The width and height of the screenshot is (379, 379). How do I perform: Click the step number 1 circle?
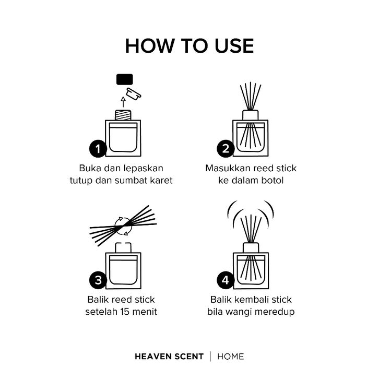pyautogui.click(x=98, y=149)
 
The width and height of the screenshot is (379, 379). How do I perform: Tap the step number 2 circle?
pyautogui.click(x=226, y=148)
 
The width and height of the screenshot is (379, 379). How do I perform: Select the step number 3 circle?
pyautogui.click(x=98, y=280)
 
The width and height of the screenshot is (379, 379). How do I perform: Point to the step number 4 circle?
pyautogui.click(x=226, y=280)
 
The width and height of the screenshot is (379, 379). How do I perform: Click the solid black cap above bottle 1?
pyautogui.click(x=124, y=79)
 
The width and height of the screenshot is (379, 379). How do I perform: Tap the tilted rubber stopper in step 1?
pyautogui.click(x=134, y=94)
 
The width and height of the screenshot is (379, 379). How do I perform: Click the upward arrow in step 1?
pyautogui.click(x=123, y=102)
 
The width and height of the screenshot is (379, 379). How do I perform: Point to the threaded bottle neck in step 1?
pyautogui.click(x=123, y=115)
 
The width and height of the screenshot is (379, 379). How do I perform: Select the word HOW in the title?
pyautogui.click(x=150, y=46)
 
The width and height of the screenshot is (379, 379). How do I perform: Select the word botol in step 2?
pyautogui.click(x=273, y=180)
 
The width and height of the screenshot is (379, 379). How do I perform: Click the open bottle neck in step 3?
pyautogui.click(x=123, y=247)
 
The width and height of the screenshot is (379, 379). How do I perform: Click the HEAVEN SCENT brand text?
pyautogui.click(x=169, y=357)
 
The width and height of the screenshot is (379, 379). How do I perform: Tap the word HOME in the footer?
pyautogui.click(x=231, y=357)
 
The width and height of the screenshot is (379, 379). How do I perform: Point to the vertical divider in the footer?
pyautogui.click(x=210, y=357)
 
